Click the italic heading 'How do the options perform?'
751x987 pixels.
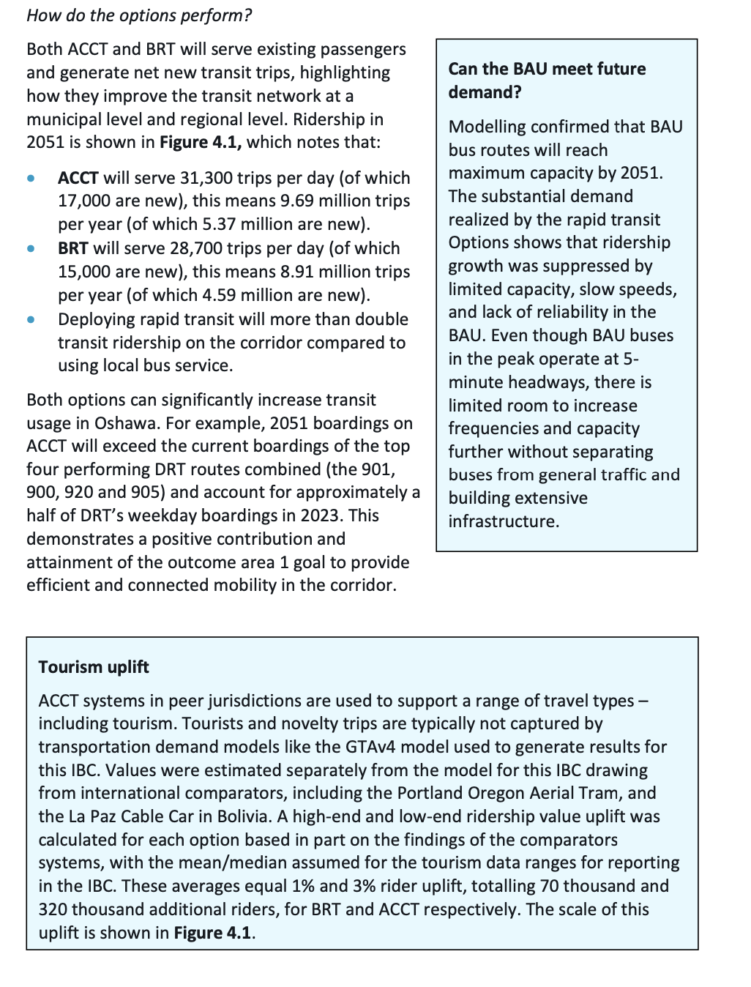(x=139, y=15)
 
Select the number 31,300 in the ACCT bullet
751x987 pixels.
(x=194, y=178)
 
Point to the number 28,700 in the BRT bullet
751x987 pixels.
(x=195, y=248)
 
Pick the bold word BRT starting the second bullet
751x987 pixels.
(x=73, y=248)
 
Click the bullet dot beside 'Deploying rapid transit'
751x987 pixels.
(x=31, y=320)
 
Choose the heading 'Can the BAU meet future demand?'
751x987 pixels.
(x=547, y=81)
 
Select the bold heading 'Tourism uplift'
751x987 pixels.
(x=94, y=667)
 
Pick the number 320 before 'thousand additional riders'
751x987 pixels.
(x=53, y=909)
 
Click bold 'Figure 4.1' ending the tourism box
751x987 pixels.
(x=212, y=933)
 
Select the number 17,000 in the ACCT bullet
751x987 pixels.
(x=81, y=201)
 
